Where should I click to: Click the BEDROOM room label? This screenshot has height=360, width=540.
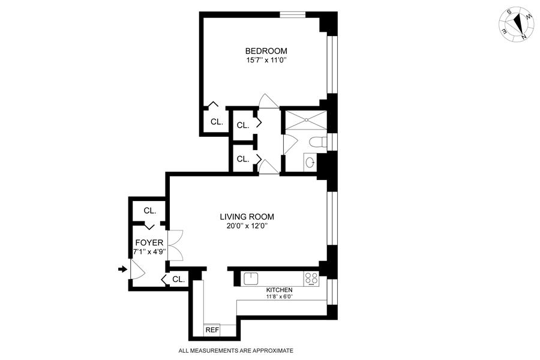coord(266,51)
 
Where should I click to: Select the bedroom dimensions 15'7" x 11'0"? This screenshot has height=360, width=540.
coord(266,60)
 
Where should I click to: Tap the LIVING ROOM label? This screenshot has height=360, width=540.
coord(247,217)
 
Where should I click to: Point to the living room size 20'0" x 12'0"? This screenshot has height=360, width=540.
coord(247,226)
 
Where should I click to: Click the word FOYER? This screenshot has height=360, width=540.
coord(149,242)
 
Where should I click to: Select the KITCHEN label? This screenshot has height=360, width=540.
coord(279,289)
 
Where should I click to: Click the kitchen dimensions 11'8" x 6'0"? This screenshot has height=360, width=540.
coord(279,296)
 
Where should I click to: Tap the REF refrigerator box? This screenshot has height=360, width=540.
coord(212,330)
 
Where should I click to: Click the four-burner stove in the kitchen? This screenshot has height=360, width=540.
coord(311,278)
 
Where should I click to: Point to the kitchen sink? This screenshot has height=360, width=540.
coord(250,278)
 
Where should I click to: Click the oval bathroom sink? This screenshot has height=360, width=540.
coord(310,162)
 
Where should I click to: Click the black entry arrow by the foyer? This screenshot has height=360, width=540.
coord(123,269)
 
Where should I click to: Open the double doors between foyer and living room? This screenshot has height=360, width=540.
coord(174,246)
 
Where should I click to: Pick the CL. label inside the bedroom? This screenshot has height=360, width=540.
coord(216,122)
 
